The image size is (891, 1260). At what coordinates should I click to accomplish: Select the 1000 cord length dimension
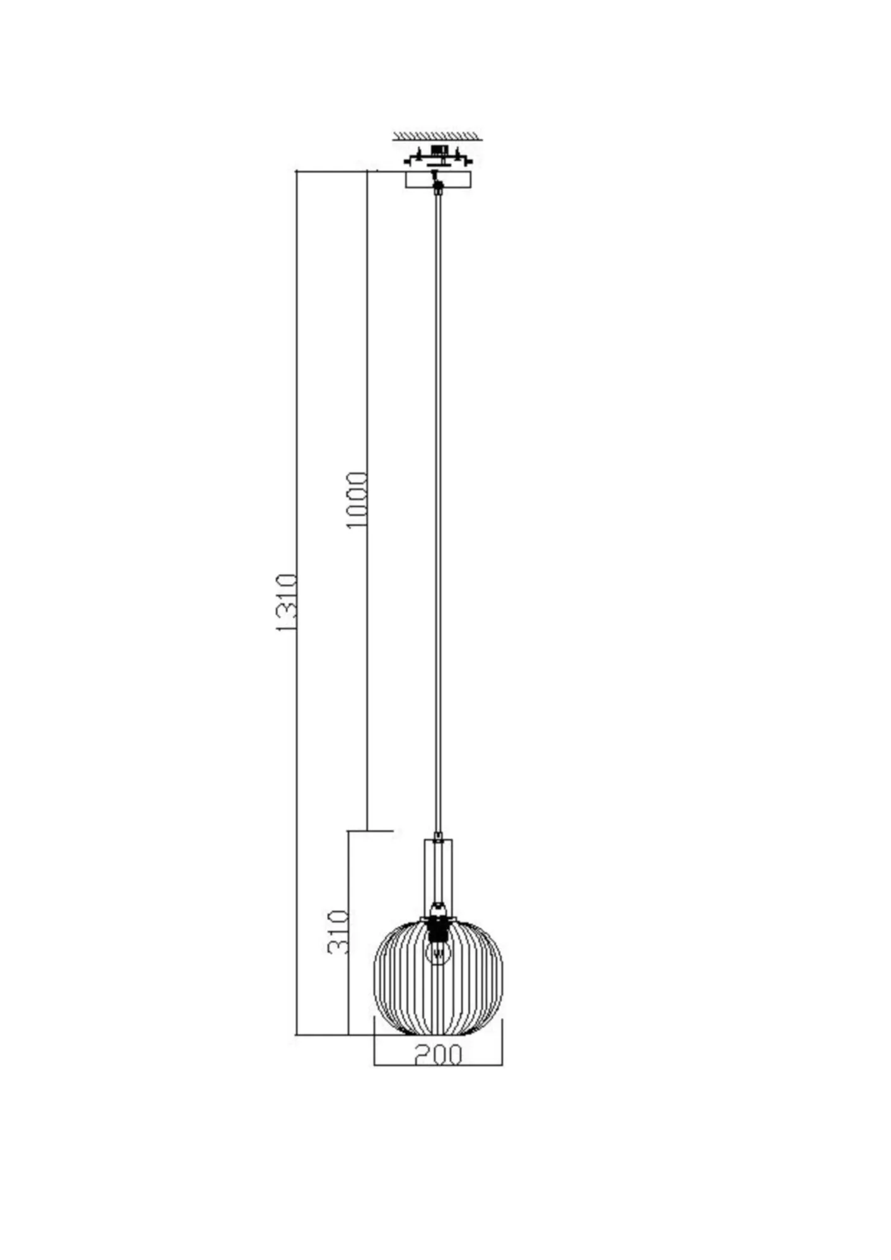357,500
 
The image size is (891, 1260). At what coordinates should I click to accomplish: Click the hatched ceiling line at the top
437,135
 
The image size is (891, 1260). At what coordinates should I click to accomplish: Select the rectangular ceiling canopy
437,180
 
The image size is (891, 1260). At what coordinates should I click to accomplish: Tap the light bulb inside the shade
438,954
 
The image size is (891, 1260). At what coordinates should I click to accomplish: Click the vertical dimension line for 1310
296,441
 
